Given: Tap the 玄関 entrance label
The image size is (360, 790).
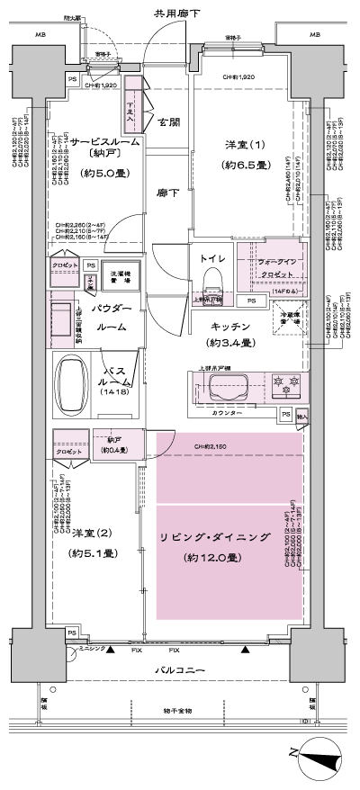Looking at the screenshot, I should coord(167,123).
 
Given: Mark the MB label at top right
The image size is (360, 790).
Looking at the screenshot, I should coord(315,35).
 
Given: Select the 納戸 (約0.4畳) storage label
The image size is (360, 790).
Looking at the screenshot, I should coord(116,444).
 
